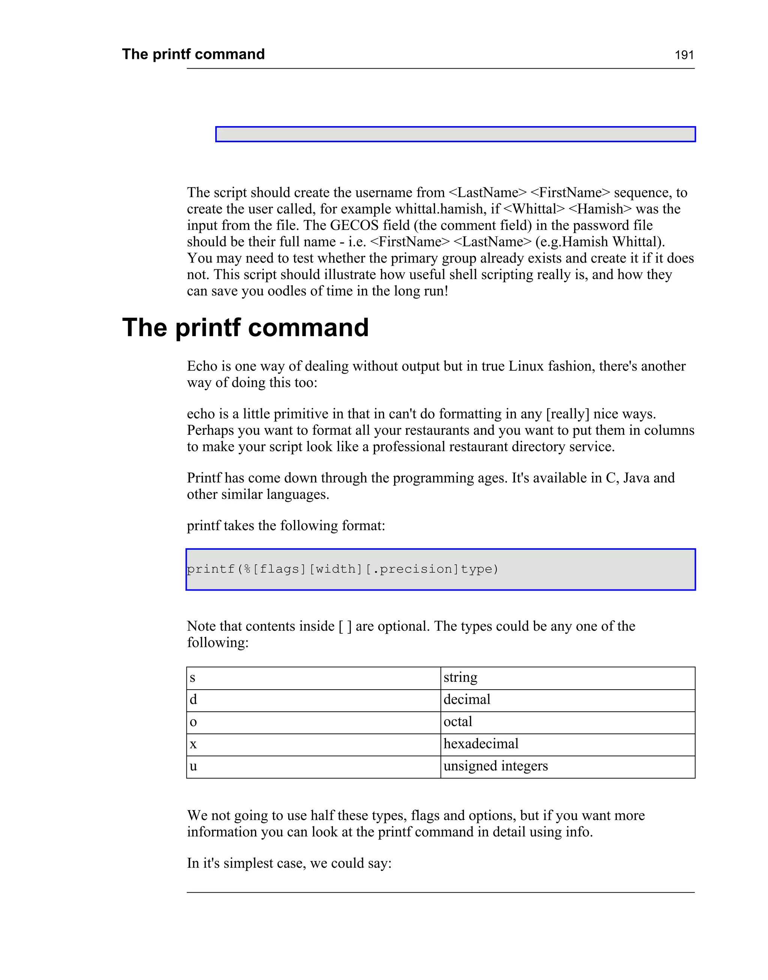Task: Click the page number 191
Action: tap(684, 55)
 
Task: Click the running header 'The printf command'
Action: tap(193, 54)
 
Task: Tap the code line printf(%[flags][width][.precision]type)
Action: tap(343, 570)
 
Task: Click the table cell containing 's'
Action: tap(313, 678)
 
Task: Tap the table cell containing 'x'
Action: tap(313, 744)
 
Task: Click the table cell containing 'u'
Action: tap(313, 767)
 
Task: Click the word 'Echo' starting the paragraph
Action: tap(202, 366)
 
